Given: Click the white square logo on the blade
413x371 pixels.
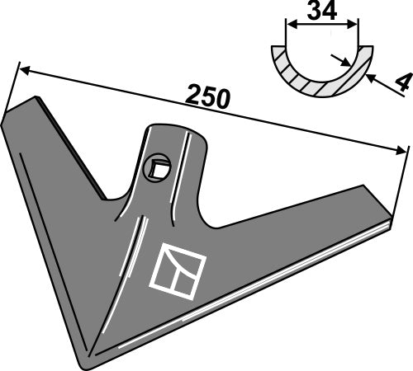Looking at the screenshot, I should [x=177, y=270].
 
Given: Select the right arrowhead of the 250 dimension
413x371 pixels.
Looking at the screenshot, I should [x=403, y=149].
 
